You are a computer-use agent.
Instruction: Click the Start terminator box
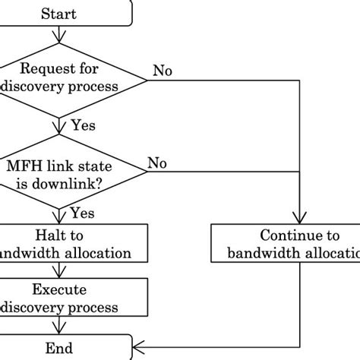point(59,14)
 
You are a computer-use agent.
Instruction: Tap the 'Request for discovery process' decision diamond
point(59,79)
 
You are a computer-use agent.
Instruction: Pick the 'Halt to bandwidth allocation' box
point(59,243)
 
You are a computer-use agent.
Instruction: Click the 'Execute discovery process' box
point(59,298)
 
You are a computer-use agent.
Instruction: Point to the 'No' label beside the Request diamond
point(163,71)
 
